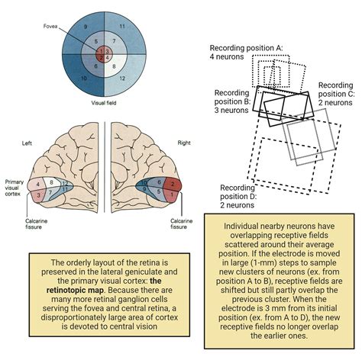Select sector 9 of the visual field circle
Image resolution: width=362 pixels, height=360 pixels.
pyautogui.click(x=86, y=26)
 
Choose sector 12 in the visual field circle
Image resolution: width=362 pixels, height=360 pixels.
pyautogui.click(x=121, y=79)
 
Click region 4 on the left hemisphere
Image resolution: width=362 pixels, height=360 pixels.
pyautogui.click(x=37, y=185)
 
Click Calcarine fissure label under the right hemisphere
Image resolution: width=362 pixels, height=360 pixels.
pyautogui.click(x=181, y=223)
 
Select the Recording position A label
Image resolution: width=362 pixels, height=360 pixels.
pyautogui.click(x=247, y=51)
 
